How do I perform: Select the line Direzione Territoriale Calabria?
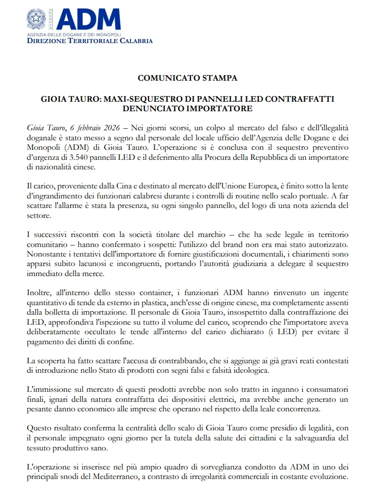point(90,41)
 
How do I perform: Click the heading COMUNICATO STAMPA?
point(188,78)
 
